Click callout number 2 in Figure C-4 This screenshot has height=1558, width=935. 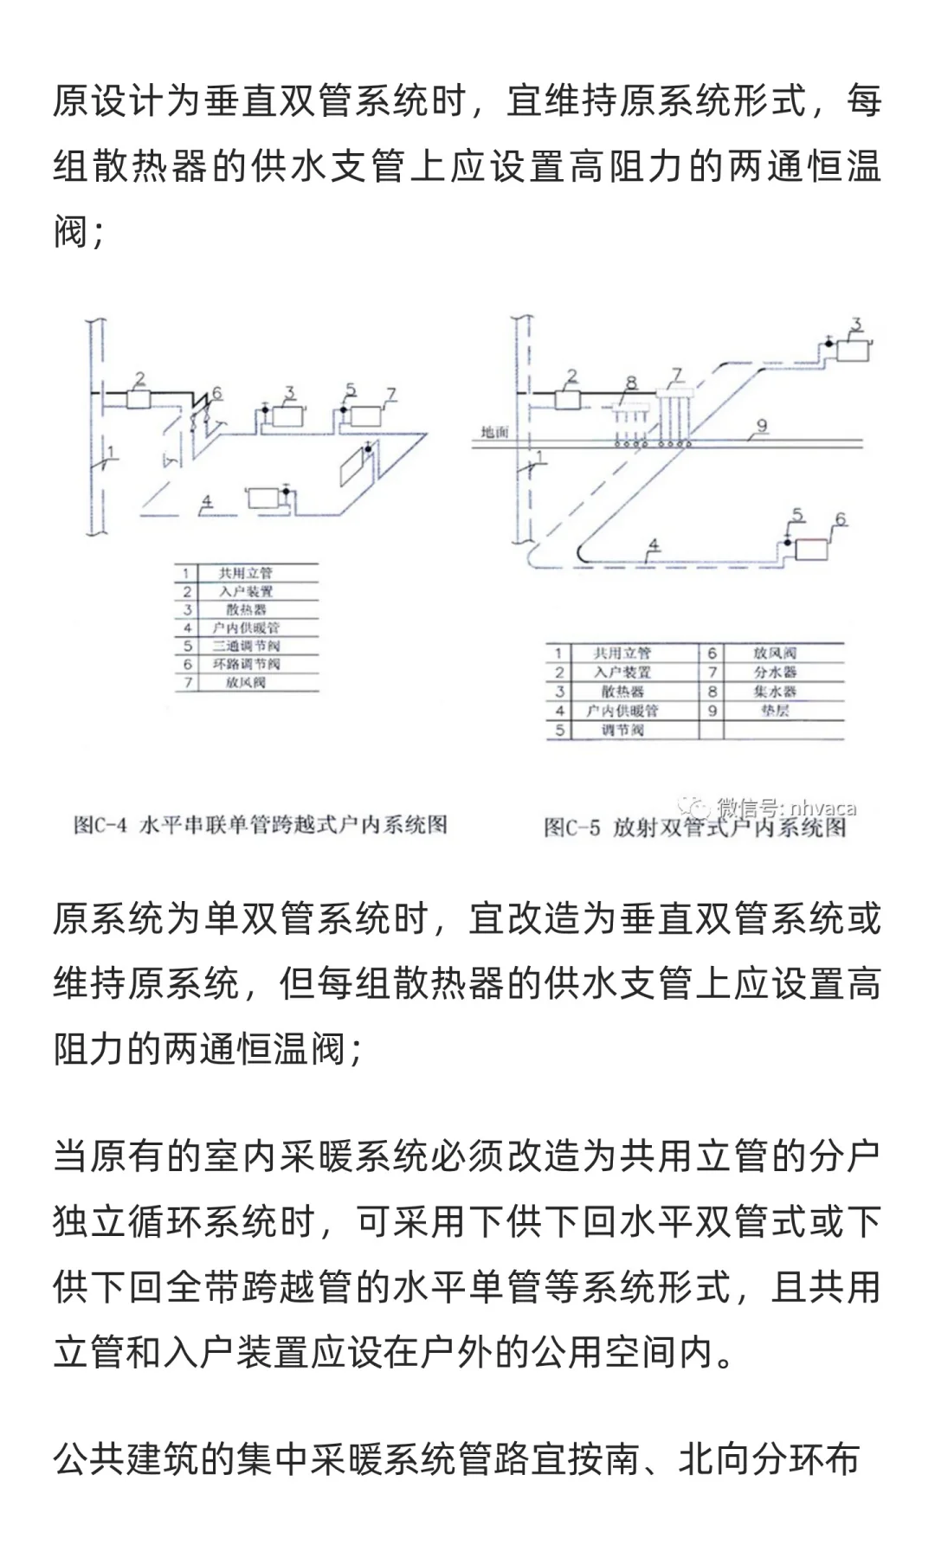pyautogui.click(x=139, y=379)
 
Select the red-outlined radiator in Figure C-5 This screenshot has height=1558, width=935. pyautogui.click(x=811, y=550)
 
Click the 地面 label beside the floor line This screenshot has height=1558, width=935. pyautogui.click(x=494, y=432)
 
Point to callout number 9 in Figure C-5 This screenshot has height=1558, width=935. pyautogui.click(x=762, y=425)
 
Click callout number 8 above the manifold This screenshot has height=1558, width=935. pyautogui.click(x=631, y=383)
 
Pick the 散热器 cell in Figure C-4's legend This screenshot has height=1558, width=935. pyautogui.click(x=246, y=609)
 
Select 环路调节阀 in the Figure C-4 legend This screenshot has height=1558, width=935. pyautogui.click(x=246, y=664)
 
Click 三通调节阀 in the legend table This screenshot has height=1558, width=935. pyautogui.click(x=246, y=646)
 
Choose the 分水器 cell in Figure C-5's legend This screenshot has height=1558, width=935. pyautogui.click(x=774, y=673)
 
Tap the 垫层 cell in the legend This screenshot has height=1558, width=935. pyautogui.click(x=774, y=711)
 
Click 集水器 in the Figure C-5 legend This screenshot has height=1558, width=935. pyautogui.click(x=774, y=692)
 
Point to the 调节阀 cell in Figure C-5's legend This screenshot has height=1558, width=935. pyautogui.click(x=622, y=730)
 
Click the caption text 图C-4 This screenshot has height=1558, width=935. pyautogui.click(x=100, y=825)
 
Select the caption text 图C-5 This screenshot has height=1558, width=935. pyautogui.click(x=571, y=828)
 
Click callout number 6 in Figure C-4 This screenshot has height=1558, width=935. pyautogui.click(x=216, y=393)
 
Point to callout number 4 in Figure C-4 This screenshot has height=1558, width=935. pyautogui.click(x=206, y=500)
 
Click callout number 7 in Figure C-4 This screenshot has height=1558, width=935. pyautogui.click(x=391, y=395)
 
